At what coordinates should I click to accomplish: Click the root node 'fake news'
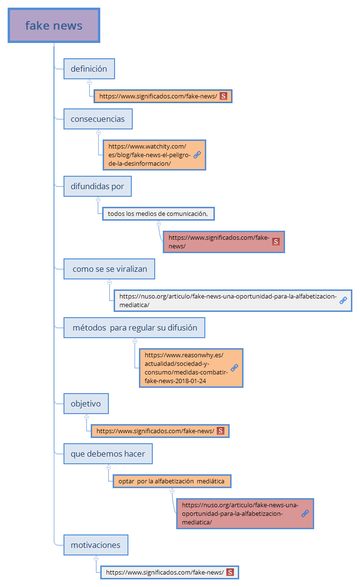coord(53,25)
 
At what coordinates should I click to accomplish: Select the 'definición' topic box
coord(89,69)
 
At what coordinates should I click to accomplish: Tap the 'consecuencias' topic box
coord(98,119)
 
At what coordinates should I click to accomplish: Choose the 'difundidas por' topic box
coord(97,186)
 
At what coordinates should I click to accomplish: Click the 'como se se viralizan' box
coord(109,269)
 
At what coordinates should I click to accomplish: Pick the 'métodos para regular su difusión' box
coord(134,328)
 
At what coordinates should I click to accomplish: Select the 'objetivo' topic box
coord(86,404)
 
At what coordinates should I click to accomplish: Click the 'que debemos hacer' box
coord(108,454)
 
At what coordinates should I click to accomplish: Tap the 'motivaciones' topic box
coord(95,544)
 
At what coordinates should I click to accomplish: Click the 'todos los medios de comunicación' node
coord(158,213)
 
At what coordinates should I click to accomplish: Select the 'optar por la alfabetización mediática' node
coord(171,481)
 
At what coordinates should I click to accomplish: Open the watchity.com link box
coord(148,155)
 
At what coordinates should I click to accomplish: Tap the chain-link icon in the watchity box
coord(197,155)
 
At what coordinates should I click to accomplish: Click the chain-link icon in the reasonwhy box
coord(234,368)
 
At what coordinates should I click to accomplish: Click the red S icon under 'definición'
coord(223,96)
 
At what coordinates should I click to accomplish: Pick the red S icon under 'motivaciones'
coord(230,572)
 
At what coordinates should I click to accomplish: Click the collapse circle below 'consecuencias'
coord(98,132)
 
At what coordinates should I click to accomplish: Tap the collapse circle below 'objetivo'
coord(86,417)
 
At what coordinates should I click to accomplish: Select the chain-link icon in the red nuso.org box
coord(305,513)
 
